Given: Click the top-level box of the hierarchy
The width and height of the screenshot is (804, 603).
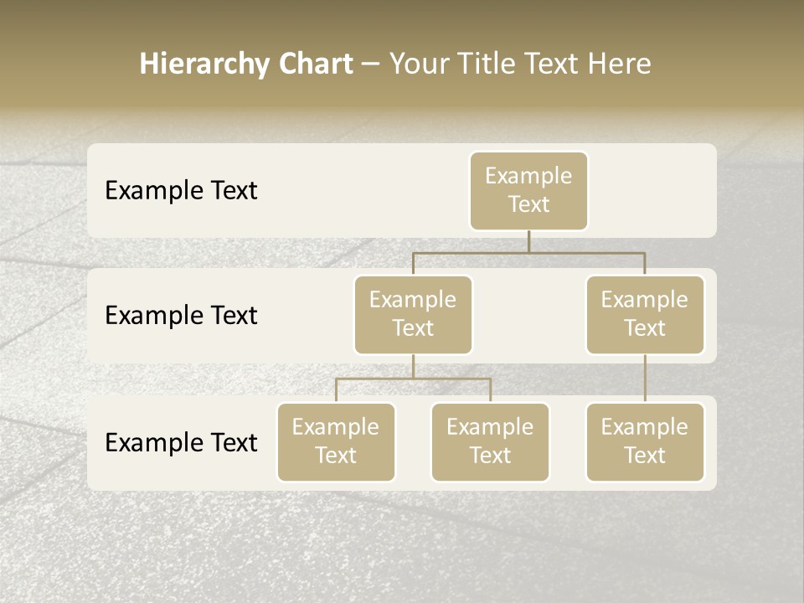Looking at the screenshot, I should pos(528,190).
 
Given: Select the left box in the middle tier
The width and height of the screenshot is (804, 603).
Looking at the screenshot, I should pos(413,314).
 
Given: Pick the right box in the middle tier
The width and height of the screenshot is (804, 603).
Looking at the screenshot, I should pos(645,314).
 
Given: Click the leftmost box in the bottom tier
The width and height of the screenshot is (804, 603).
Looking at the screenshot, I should pos(336,441).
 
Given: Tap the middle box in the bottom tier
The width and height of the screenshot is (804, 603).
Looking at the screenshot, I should pos(490,441).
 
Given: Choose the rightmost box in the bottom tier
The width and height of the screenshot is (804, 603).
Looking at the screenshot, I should pos(645,441).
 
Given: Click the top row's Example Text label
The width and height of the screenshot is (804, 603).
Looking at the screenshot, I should pos(181,190).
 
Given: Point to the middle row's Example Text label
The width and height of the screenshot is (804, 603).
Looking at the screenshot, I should pos(181,315).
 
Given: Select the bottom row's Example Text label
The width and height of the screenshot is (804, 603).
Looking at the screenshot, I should pos(181,442).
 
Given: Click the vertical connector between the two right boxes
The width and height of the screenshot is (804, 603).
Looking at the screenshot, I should pos(645,379).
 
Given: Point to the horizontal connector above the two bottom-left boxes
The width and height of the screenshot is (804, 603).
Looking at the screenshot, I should pos(413,379).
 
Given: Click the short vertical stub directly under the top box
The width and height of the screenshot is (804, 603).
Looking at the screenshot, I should pos(528,241).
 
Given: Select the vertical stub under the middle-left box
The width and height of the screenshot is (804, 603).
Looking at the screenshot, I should pos(413,366).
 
